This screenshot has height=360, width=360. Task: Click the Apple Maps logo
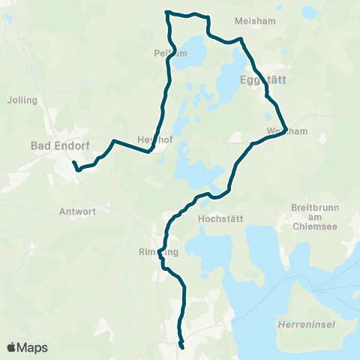pos(27,347)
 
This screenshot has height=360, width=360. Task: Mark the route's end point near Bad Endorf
pos(73,163)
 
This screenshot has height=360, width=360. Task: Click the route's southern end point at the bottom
pos(182,346)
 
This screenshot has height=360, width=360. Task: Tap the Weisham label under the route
pos(281,131)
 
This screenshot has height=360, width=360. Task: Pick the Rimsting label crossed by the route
pos(159,253)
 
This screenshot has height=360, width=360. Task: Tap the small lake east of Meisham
pos(308,13)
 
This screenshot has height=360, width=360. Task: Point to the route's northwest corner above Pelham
pos(166,12)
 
